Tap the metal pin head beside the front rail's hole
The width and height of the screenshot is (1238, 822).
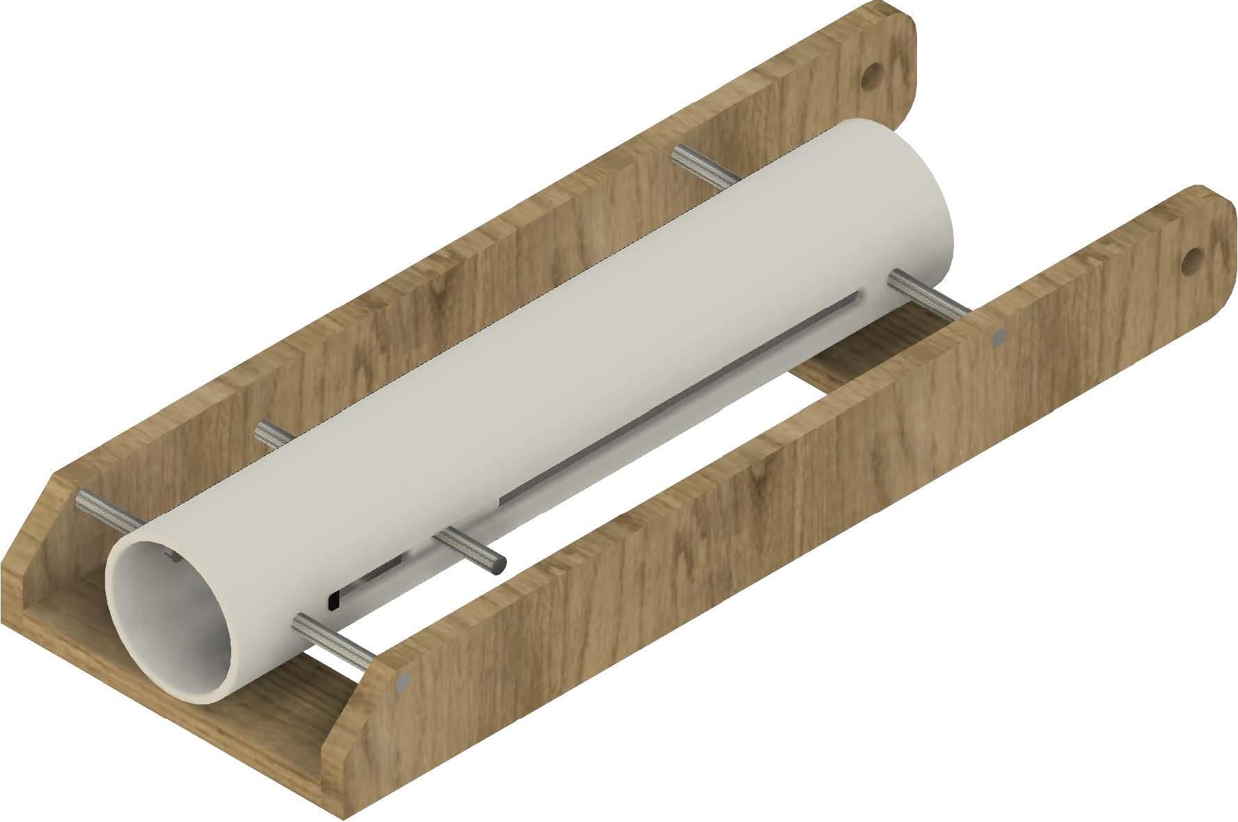pyautogui.click(x=999, y=338)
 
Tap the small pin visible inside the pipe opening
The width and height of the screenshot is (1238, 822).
pyautogui.click(x=169, y=555)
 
